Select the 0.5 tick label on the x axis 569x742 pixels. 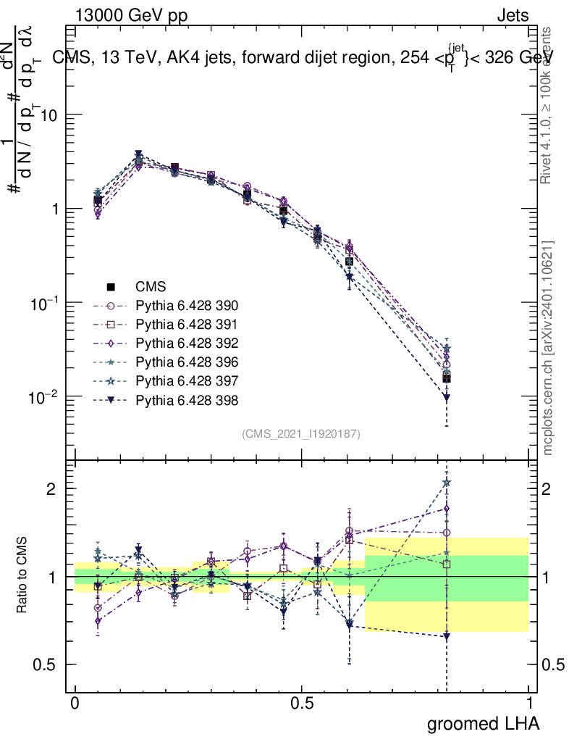(302, 704)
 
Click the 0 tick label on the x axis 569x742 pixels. (75, 704)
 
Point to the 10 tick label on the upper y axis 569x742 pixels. (49, 115)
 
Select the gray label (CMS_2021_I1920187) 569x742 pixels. (301, 433)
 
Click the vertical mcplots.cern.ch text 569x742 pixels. (549, 348)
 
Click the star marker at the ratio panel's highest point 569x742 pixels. (447, 483)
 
